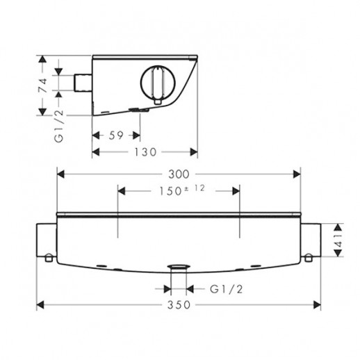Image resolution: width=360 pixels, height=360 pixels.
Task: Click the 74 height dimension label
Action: pyautogui.click(x=42, y=85)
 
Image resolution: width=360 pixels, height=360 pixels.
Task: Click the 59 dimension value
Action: pyautogui.click(x=116, y=136)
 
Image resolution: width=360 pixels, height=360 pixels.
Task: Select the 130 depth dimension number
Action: pyautogui.click(x=145, y=152)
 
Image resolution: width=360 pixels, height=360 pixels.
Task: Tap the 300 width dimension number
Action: pyautogui.click(x=179, y=174)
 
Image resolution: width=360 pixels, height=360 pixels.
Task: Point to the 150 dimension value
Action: pyautogui.click(x=170, y=191)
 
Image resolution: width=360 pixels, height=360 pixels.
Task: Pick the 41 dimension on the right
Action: pyautogui.click(x=338, y=241)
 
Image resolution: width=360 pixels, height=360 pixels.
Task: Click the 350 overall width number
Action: pyautogui.click(x=179, y=305)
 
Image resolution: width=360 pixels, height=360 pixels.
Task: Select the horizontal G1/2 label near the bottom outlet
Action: pyautogui.click(x=226, y=289)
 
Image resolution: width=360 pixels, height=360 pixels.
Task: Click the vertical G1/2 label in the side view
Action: pyautogui.click(x=58, y=126)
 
